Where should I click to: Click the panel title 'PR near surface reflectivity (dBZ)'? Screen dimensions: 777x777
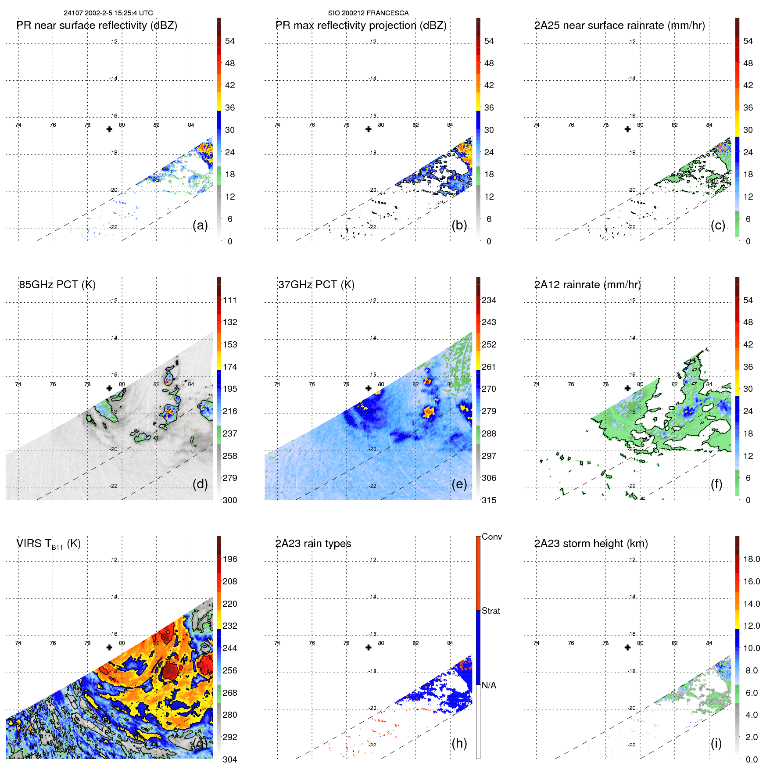[x=97, y=25]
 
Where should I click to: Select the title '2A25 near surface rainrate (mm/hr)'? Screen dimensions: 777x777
[x=619, y=25]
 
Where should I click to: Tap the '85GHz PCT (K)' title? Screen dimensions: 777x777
[x=57, y=285]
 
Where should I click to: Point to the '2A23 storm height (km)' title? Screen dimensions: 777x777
[x=591, y=544]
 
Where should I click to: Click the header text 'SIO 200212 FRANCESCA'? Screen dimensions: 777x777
[x=368, y=13]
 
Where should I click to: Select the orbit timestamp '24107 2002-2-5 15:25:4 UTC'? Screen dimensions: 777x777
[x=108, y=13]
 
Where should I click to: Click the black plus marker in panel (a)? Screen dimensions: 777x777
[x=109, y=129]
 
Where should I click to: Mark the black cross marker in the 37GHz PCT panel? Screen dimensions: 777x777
[x=369, y=388]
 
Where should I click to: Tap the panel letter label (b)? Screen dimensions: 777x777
[x=459, y=225]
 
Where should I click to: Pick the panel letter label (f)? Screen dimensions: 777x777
[x=716, y=484]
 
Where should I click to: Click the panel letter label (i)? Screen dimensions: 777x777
[x=716, y=743]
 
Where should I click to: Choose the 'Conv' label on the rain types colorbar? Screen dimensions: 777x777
[x=491, y=537]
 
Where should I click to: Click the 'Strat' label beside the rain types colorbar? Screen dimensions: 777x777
[x=491, y=611]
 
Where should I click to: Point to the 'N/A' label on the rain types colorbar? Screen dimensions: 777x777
[x=489, y=685]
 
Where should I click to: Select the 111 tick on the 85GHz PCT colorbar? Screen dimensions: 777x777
[x=229, y=300]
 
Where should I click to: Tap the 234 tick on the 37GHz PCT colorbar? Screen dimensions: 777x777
[x=489, y=300]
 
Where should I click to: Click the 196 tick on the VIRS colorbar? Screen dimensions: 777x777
[x=229, y=559]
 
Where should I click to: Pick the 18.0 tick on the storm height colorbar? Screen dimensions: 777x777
[x=751, y=559]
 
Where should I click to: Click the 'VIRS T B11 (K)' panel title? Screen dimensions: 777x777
[x=48, y=544]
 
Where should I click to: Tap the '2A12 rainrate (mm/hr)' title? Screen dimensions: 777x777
[x=587, y=285]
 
